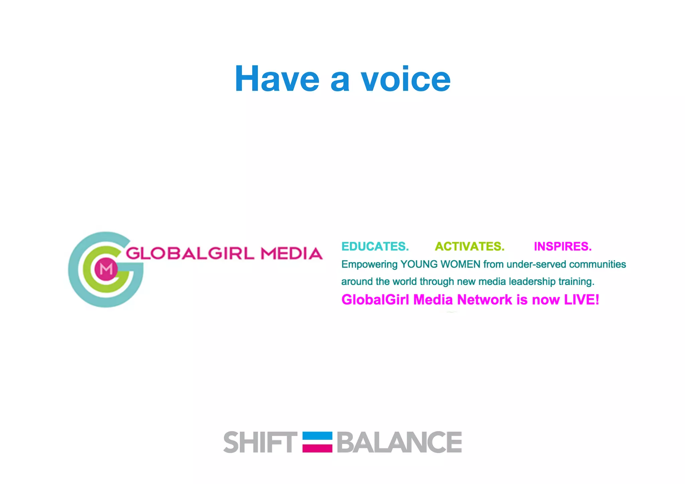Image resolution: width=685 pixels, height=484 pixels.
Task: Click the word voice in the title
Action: click(405, 79)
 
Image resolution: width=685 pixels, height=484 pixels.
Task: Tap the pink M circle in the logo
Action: click(106, 269)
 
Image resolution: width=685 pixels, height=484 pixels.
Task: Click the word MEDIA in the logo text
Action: click(292, 253)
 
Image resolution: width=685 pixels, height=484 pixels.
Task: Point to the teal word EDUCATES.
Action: click(375, 247)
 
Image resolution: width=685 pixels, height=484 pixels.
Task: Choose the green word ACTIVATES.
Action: click(470, 247)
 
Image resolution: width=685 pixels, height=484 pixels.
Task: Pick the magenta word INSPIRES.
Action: click(563, 247)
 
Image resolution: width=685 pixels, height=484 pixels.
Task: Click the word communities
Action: click(597, 264)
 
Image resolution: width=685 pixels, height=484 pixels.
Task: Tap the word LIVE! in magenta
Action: click(582, 300)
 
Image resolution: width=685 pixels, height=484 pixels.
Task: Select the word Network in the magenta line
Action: click(485, 300)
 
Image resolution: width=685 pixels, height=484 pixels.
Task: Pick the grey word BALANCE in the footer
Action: click(399, 442)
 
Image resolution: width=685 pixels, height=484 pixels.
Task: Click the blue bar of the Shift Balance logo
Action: click(317, 436)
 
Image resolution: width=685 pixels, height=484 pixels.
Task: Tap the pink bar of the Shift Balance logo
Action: click(317, 448)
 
